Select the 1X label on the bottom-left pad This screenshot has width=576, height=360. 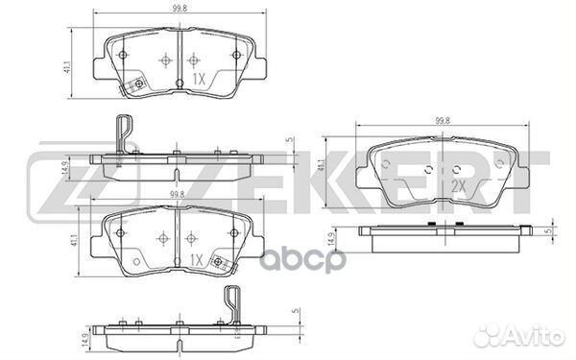pyautogui.click(x=196, y=259)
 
